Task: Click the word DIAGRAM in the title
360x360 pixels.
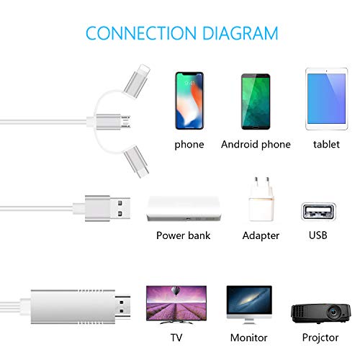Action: coord(240,33)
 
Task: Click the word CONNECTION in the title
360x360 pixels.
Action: coord(141,33)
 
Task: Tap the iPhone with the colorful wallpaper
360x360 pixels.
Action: coord(189,101)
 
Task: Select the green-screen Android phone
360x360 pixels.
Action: coord(256,102)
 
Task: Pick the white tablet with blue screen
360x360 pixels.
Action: coord(326,99)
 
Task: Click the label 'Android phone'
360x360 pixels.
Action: coord(256,145)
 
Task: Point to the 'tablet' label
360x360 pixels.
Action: coord(326,144)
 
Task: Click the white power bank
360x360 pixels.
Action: coord(184,208)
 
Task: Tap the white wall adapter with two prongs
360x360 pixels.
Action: coord(261,199)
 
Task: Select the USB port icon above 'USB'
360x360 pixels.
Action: coord(318,212)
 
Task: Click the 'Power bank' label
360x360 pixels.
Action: coord(183,235)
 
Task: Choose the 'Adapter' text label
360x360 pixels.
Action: coord(261,235)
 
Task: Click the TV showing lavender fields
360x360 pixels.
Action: coord(176,305)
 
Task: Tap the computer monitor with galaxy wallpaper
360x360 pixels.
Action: coord(249,305)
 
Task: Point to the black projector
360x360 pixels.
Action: coord(321,313)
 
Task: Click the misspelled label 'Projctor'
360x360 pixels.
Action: coord(320,338)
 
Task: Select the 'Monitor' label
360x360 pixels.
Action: coord(248,338)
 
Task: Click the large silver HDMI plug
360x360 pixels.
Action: coord(81,307)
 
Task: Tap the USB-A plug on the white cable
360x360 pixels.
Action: coord(107,208)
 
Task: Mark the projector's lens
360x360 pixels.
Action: coord(334,312)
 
